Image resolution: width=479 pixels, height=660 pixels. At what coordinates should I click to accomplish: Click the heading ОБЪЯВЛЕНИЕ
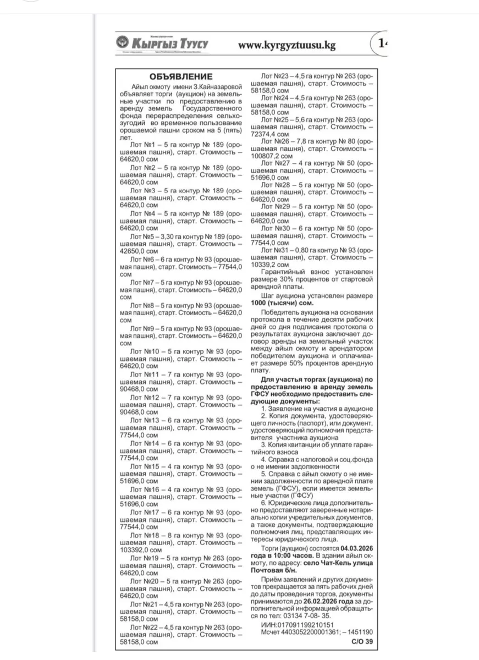tap(181, 76)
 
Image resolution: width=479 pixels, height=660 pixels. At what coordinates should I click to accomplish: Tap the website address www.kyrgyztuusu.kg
tap(287, 45)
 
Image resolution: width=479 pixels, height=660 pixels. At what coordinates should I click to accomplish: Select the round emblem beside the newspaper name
tap(122, 43)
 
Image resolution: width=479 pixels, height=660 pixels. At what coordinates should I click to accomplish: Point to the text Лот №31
tap(276, 250)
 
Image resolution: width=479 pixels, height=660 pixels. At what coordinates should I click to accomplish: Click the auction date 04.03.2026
tap(357, 549)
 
